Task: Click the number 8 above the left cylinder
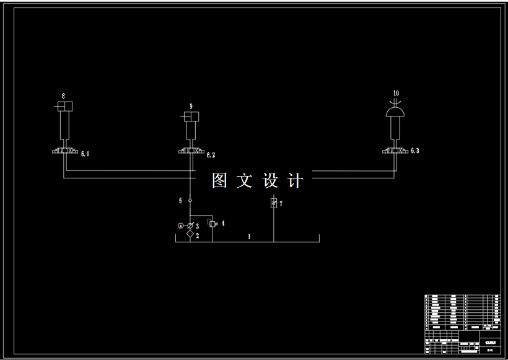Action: click(63, 95)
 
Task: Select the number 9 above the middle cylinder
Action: click(191, 107)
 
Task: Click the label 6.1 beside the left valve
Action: click(85, 154)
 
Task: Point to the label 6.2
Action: click(211, 155)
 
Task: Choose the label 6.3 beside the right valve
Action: click(414, 151)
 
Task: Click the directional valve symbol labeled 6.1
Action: click(64, 151)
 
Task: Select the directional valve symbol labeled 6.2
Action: click(191, 151)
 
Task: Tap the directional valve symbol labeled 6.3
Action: click(395, 151)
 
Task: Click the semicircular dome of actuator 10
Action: click(395, 112)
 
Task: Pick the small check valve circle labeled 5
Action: click(190, 200)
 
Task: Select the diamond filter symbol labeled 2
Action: click(190, 234)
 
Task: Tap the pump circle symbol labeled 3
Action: click(190, 226)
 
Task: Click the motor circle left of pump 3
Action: click(180, 226)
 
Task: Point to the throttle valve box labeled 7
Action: click(273, 203)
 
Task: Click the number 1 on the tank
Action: click(249, 237)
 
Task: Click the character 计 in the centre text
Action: click(296, 181)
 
